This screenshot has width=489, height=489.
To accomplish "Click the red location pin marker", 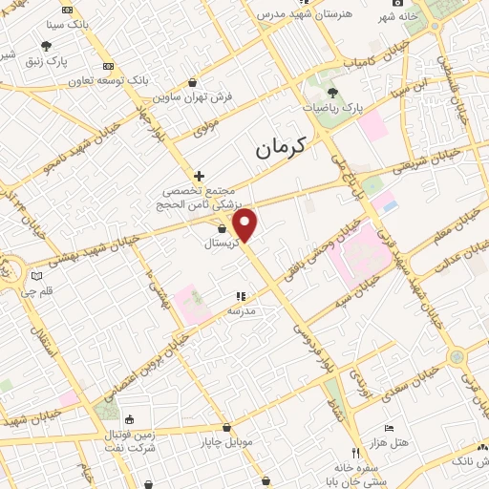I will pyautogui.click(x=245, y=225).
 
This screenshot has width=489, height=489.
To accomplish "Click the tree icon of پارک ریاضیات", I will pyautogui.click(x=332, y=93).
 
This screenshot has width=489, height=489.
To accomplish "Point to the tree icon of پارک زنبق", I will pyautogui.click(x=47, y=46).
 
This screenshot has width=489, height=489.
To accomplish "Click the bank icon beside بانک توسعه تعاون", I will pyautogui.click(x=107, y=66).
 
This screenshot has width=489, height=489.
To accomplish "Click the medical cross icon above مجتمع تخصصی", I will pyautogui.click(x=199, y=176).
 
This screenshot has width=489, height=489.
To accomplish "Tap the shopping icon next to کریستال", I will pyautogui.click(x=222, y=229).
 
